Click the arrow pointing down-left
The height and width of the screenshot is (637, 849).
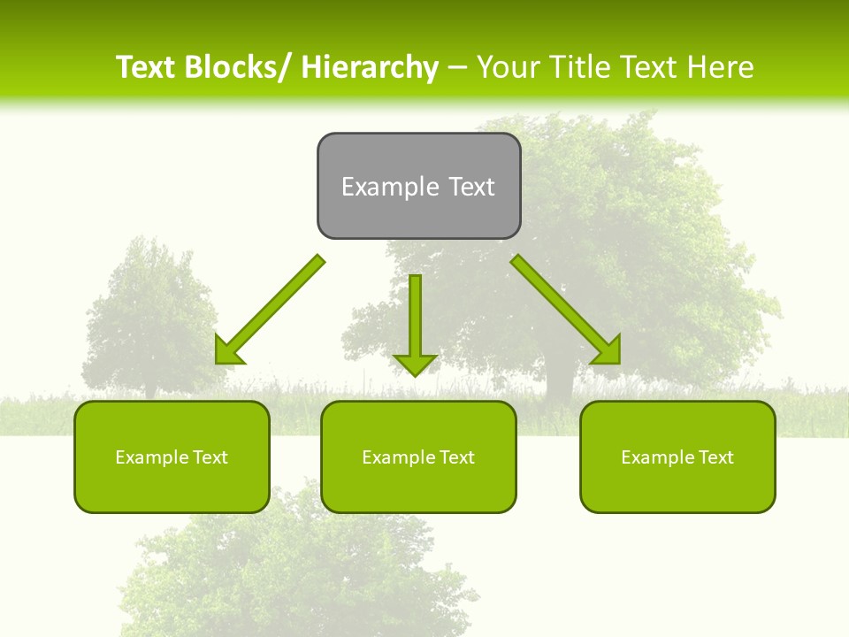point(269,311)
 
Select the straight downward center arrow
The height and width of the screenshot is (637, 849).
point(415,318)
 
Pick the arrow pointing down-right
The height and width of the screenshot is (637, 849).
point(566,310)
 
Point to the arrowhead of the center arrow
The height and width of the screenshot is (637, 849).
point(415,364)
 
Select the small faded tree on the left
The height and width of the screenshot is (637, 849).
point(150,318)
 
